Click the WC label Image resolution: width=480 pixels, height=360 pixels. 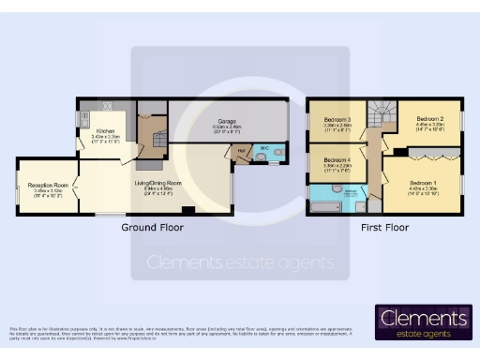coord(264,148)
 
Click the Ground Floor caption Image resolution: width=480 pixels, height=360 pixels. coord(152,228)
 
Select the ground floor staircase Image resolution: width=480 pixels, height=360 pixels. coord(150,141)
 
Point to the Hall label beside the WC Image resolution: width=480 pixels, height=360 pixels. coord(241,149)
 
